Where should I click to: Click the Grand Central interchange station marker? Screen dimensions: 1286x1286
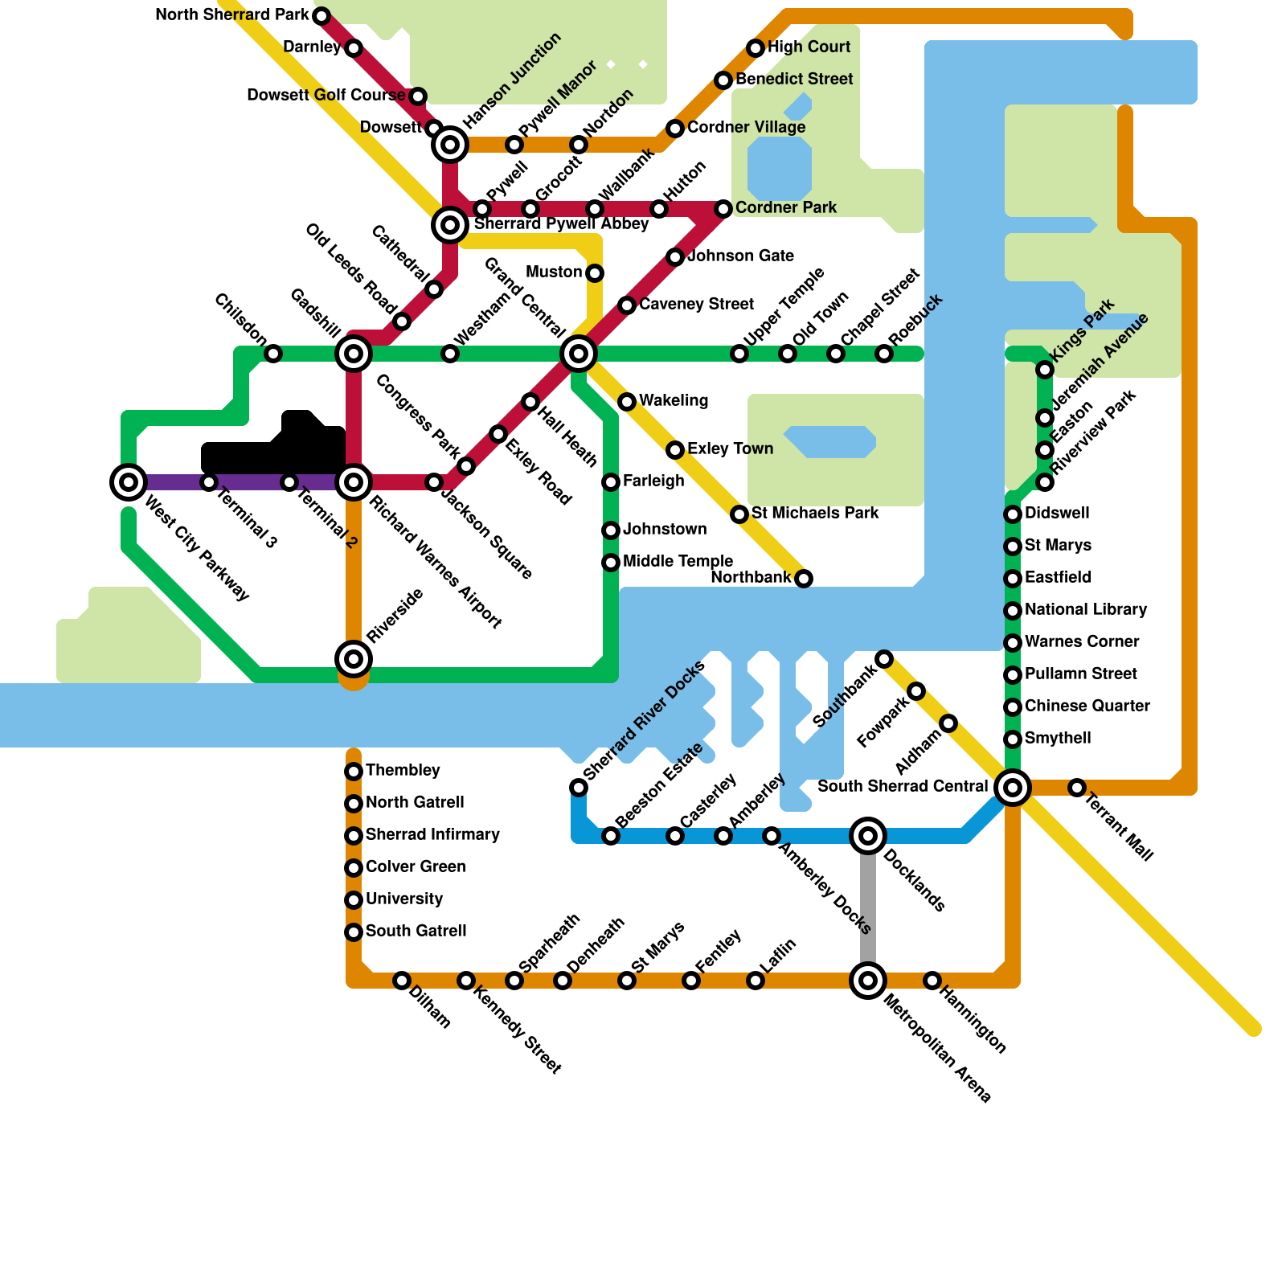579,354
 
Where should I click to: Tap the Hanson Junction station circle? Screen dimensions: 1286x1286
450,145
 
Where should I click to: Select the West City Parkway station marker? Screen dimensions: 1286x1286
129,482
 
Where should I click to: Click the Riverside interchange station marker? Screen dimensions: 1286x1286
354,659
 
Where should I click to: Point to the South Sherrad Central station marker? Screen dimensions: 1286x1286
1013,788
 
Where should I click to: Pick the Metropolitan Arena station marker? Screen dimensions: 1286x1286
868,981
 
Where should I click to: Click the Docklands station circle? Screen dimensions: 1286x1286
868,836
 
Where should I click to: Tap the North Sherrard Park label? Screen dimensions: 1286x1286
232,14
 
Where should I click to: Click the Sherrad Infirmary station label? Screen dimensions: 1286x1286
432,834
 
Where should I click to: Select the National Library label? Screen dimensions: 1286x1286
1086,609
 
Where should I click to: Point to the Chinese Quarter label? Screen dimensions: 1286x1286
1087,706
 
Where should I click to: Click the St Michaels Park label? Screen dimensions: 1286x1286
815,513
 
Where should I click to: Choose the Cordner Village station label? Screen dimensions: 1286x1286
746,127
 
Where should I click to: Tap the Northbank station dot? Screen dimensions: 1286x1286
804,579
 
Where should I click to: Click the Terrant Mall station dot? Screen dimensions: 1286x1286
1077,788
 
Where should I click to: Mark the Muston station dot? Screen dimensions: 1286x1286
595,273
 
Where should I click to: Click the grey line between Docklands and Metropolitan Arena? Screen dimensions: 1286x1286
868,908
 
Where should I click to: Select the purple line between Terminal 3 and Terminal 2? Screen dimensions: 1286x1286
249,482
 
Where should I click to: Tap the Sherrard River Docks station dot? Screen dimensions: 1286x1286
579,788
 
